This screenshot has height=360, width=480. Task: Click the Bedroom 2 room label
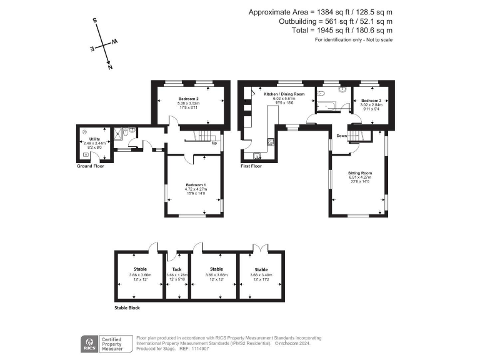[x=188, y=99]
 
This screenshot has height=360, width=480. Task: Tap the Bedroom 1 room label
[x=196, y=184]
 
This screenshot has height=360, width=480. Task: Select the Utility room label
[x=94, y=139]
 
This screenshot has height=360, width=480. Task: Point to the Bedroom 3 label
[x=371, y=100]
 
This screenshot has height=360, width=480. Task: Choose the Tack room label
[x=176, y=270]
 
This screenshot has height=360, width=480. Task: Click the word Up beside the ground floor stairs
[x=215, y=143]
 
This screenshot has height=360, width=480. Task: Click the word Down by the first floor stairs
[x=342, y=136]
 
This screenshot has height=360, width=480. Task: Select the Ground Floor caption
[x=91, y=166]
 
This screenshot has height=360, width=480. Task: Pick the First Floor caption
[x=251, y=166]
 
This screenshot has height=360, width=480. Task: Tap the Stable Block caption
[x=127, y=308]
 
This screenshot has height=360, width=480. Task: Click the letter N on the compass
[x=110, y=66]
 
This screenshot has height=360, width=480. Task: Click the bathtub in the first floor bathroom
[x=326, y=104]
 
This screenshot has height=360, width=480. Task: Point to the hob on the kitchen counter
[x=270, y=141]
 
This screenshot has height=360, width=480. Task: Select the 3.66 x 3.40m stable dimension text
[x=261, y=274]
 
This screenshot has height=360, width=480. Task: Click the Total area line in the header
[x=338, y=30]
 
